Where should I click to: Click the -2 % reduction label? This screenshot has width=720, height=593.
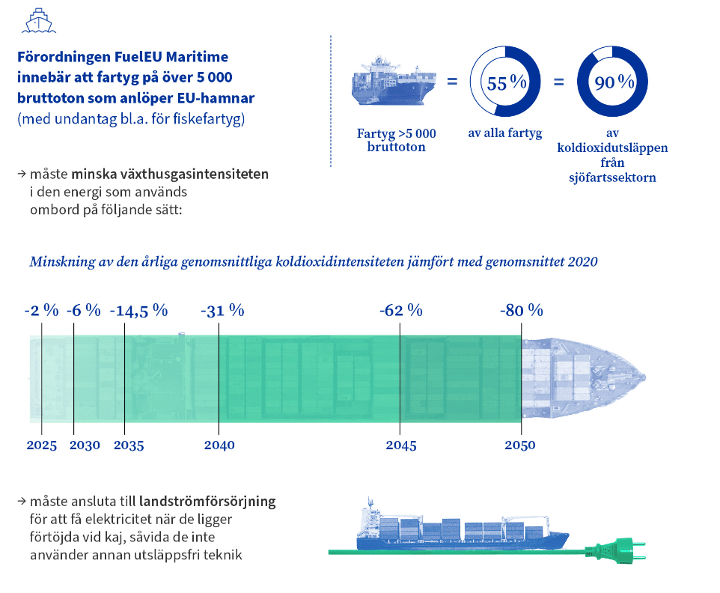pos(41,311)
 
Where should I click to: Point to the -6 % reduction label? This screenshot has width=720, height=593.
pos(83,311)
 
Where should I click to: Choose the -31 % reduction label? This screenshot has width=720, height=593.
pos(223,311)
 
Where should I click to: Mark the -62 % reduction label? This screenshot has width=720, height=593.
pos(401,311)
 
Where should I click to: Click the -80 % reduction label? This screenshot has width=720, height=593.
pos(521,311)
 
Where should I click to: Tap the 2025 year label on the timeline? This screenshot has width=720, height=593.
pos(41,445)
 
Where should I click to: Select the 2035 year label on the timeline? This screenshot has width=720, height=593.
pos(129,445)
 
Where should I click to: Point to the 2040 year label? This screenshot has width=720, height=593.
pos(219,445)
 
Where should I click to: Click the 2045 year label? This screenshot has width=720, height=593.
pos(401,445)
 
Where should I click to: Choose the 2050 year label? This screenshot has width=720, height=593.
pos(520,445)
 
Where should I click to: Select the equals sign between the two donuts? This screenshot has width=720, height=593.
pos(558,82)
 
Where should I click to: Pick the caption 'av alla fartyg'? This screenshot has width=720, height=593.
pos(507,134)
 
